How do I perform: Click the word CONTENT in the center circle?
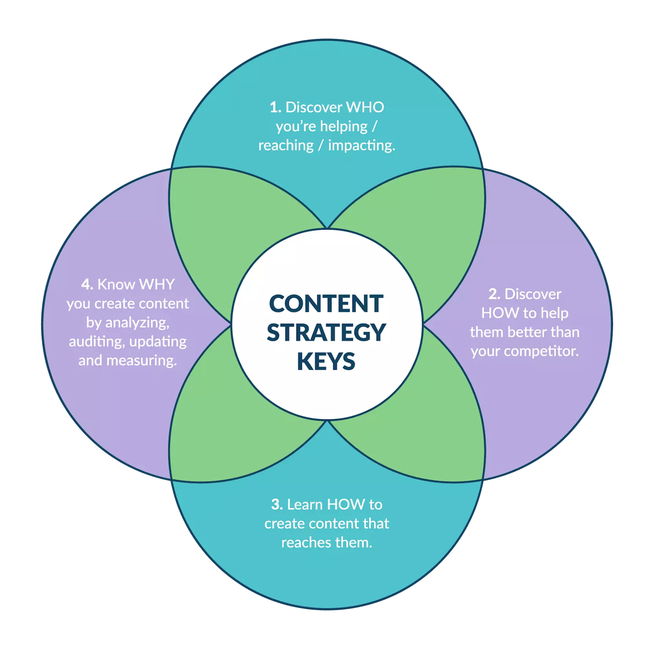[326, 304]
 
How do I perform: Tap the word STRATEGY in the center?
[326, 333]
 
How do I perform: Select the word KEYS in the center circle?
[326, 362]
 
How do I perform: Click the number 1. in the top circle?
[275, 107]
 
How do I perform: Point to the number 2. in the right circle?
[495, 294]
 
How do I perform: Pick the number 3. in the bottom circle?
[277, 505]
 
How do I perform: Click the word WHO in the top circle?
[365, 107]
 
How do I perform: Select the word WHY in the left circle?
[157, 284]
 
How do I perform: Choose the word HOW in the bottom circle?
[346, 505]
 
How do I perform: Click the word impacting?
[361, 145]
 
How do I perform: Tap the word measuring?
[141, 361]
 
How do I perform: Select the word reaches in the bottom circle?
[306, 543]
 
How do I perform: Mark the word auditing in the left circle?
[96, 342]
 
